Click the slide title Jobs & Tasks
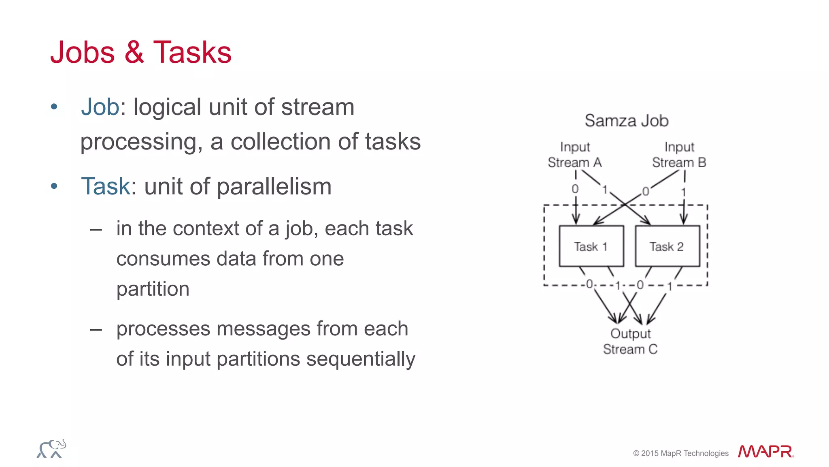tap(140, 53)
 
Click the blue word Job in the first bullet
tap(100, 107)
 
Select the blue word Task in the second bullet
tap(105, 186)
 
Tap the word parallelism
tap(274, 187)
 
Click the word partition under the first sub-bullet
tap(153, 289)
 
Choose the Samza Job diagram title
tap(626, 121)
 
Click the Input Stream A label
tap(574, 155)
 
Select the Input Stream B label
tap(679, 155)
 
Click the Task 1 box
tap(591, 246)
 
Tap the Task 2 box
tap(667, 246)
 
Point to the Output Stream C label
tap(630, 341)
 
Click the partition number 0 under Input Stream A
tap(575, 189)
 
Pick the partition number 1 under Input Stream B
tap(683, 192)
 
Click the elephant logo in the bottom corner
tap(51, 449)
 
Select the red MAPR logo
tap(765, 452)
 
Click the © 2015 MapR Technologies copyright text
tap(680, 453)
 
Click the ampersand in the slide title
tap(134, 53)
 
